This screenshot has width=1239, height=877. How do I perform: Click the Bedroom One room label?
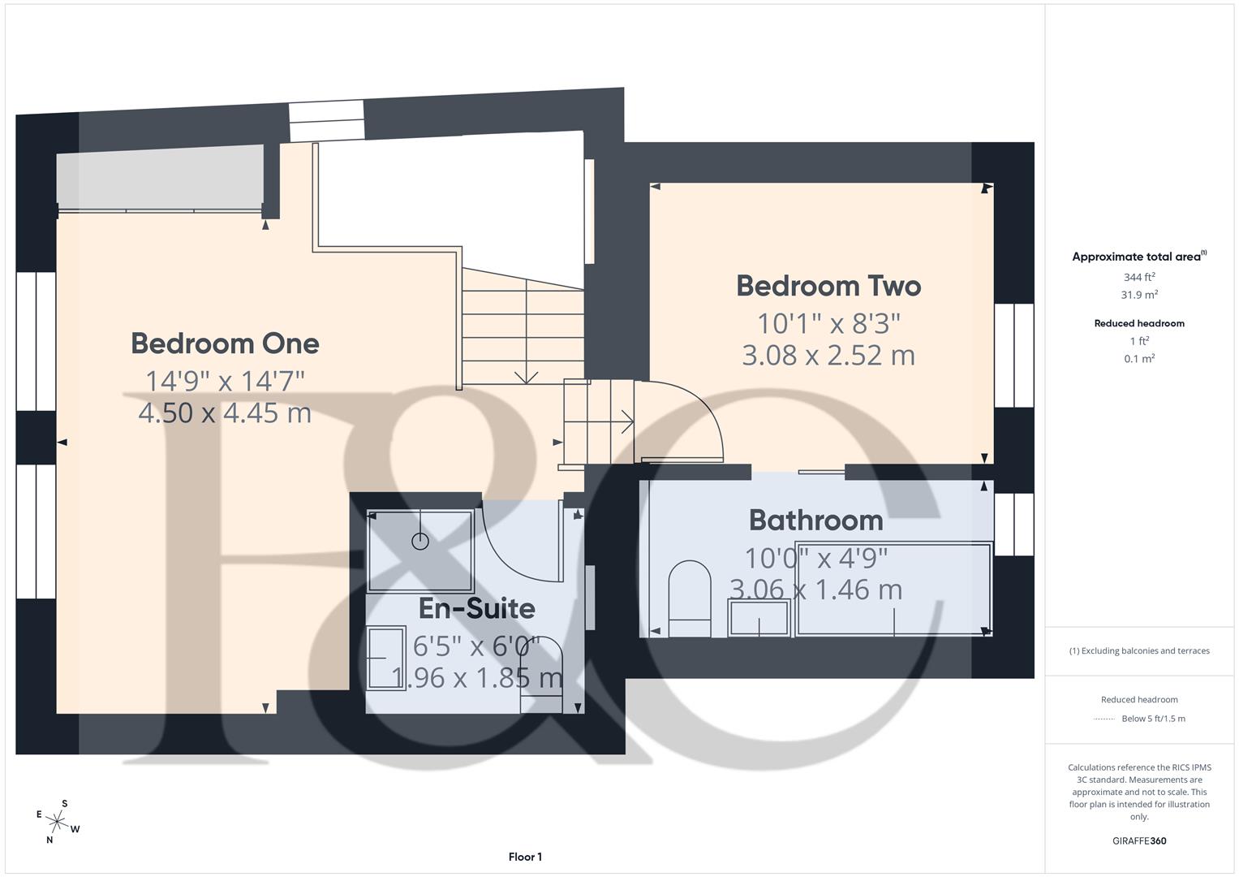[x=225, y=343]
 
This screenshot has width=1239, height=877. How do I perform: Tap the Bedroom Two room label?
[x=828, y=286]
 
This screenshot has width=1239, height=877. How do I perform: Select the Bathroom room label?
[x=815, y=520]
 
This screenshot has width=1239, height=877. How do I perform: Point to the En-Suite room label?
[x=476, y=608]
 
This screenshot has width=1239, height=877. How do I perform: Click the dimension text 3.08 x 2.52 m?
[x=828, y=356]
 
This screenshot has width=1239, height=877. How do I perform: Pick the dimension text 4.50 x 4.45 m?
[x=225, y=413]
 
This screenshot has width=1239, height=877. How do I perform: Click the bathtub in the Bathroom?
[x=893, y=589]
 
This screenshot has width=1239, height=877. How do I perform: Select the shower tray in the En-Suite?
[x=419, y=550]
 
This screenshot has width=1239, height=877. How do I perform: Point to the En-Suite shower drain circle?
[x=419, y=541]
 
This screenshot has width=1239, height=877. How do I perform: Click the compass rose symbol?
[x=57, y=821]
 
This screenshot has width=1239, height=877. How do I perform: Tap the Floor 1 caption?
[x=525, y=857]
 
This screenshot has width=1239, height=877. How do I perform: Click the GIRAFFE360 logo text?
[x=1138, y=840]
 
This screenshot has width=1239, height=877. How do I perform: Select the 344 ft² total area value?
[x=1139, y=277]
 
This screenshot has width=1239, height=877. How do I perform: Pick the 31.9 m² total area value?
[x=1139, y=295]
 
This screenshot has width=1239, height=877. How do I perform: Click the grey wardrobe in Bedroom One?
[x=161, y=176]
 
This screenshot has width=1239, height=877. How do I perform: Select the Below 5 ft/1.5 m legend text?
[x=1153, y=719]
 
